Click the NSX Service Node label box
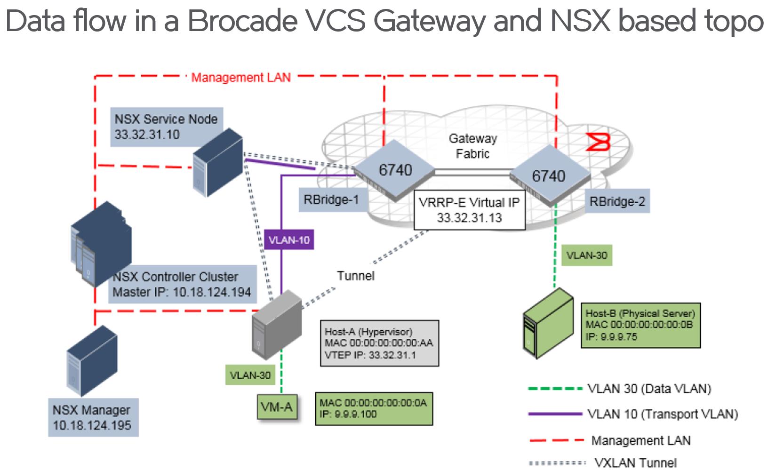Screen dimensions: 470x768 [x=166, y=127]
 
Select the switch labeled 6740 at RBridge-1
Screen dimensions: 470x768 [x=394, y=170]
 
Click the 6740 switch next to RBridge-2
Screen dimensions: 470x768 [x=549, y=176]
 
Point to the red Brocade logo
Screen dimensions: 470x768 [x=598, y=142]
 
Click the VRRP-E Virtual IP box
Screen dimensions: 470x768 [x=469, y=210]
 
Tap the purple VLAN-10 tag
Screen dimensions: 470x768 [x=288, y=240]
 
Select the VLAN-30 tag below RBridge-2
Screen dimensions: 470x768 [x=586, y=255]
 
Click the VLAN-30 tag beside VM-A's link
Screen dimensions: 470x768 [x=250, y=375]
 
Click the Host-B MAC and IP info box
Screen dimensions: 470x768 [x=640, y=325]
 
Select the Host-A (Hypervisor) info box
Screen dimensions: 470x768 [x=379, y=343]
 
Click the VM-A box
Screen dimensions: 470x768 [x=277, y=406]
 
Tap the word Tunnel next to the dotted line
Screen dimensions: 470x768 [x=355, y=275]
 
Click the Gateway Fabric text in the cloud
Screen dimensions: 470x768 [x=472, y=146]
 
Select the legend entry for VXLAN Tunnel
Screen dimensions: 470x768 [x=635, y=462]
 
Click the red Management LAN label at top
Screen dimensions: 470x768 [x=240, y=77]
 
